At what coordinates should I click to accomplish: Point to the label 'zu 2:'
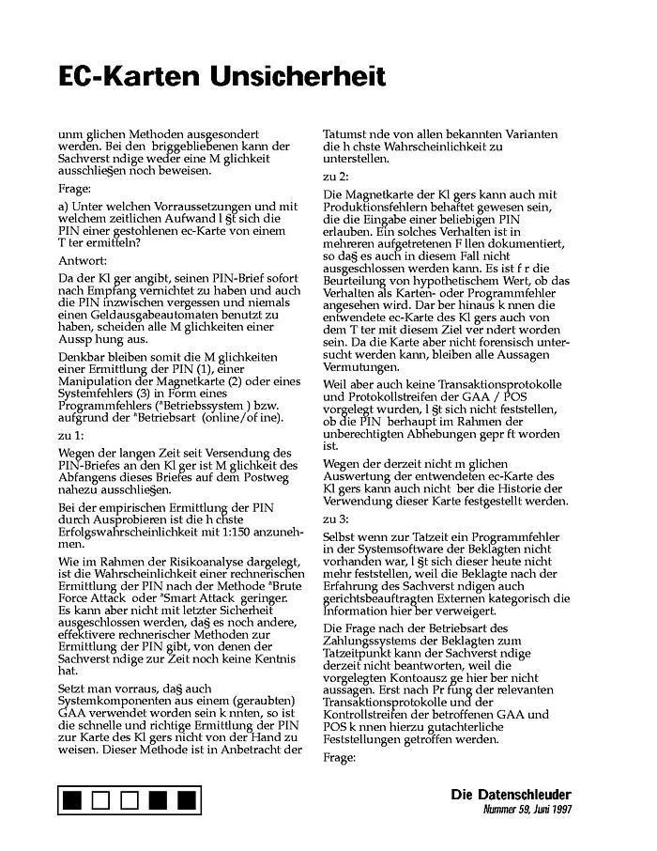[335, 176]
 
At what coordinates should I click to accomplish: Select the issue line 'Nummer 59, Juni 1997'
[527, 809]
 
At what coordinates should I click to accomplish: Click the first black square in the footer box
[72, 800]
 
